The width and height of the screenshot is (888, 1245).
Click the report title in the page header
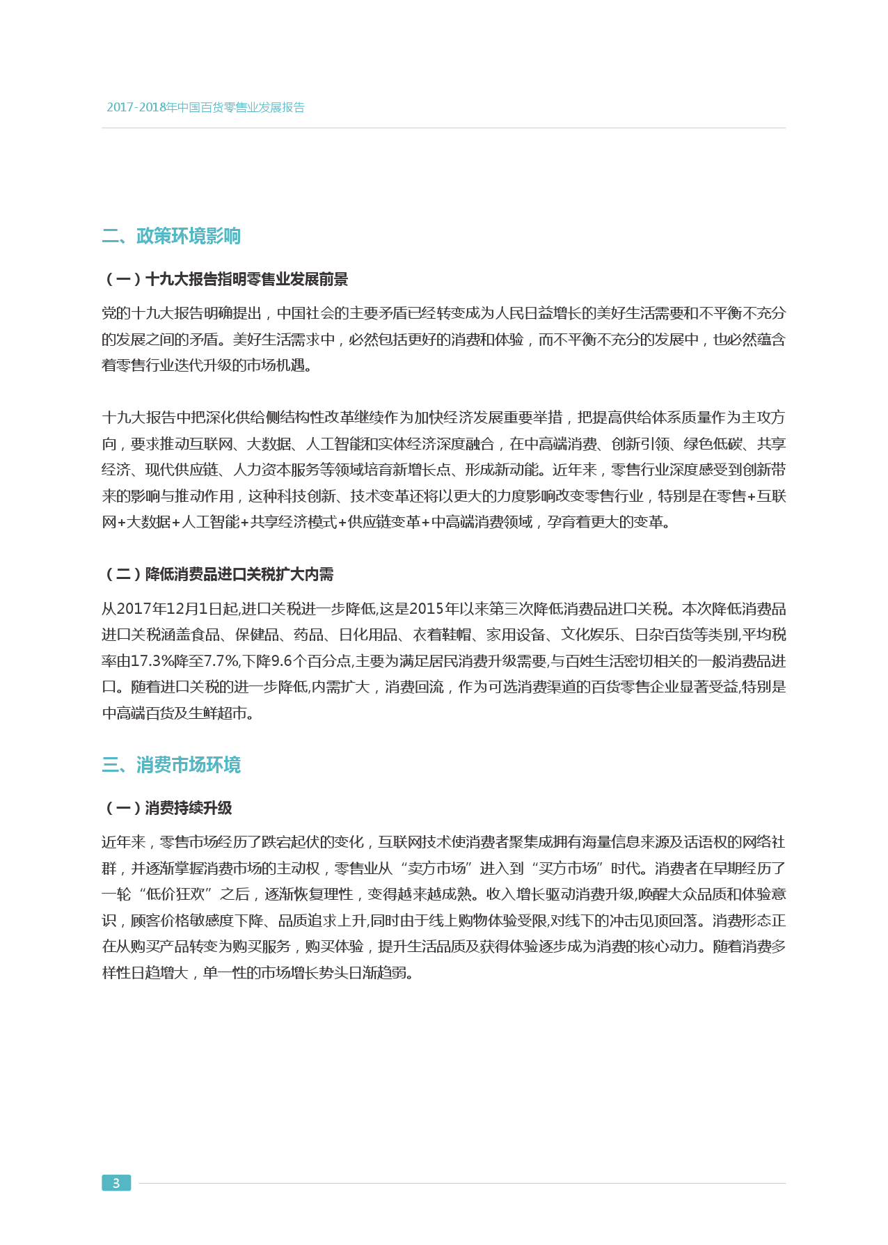point(205,107)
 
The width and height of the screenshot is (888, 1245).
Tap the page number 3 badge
point(116,1183)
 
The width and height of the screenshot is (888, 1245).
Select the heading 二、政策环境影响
point(171,236)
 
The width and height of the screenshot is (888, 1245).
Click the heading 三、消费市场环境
point(171,765)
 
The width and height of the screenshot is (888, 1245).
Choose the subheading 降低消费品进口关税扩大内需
point(218,574)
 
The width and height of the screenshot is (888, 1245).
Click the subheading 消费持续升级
point(167,808)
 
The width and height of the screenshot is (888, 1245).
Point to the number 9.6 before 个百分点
point(281,661)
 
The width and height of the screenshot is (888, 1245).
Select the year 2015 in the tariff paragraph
point(427,609)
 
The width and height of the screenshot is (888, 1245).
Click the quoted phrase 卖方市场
point(436,869)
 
